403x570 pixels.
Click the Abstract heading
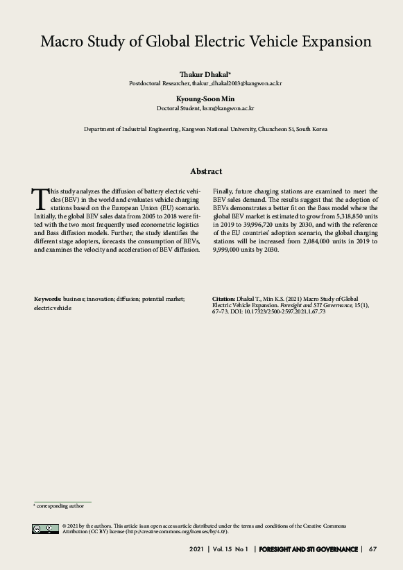[206, 171]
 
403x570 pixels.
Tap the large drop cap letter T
[40, 198]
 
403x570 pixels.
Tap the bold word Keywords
[47, 298]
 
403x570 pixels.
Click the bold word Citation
[223, 298]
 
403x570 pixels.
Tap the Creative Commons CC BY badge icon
[45, 529]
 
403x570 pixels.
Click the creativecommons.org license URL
[182, 532]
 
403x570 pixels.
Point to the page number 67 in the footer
[372, 549]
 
